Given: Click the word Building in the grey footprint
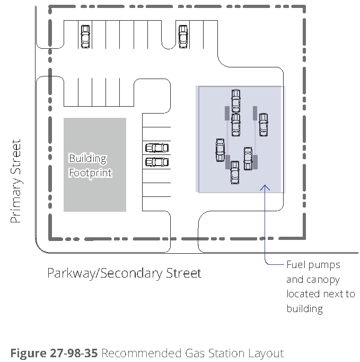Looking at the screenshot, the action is coord(87,159).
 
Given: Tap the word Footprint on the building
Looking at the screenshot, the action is coord(91,173).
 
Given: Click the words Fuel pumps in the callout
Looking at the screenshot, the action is coord(313,264).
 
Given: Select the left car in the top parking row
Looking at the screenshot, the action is coord(85,37).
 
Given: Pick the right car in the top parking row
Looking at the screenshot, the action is coord(183,37).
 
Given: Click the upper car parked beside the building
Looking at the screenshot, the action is coord(156,148).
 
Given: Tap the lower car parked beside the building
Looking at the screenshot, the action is coord(156,162).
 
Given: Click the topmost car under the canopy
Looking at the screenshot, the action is coord(236,101).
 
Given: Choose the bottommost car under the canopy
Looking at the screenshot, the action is coord(235,173).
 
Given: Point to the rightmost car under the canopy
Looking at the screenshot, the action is coord(263,124).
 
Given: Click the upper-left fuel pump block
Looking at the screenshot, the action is coord(227,113).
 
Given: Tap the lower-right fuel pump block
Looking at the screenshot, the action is coord(255,161).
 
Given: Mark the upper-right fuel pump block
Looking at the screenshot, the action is coord(255,113).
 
